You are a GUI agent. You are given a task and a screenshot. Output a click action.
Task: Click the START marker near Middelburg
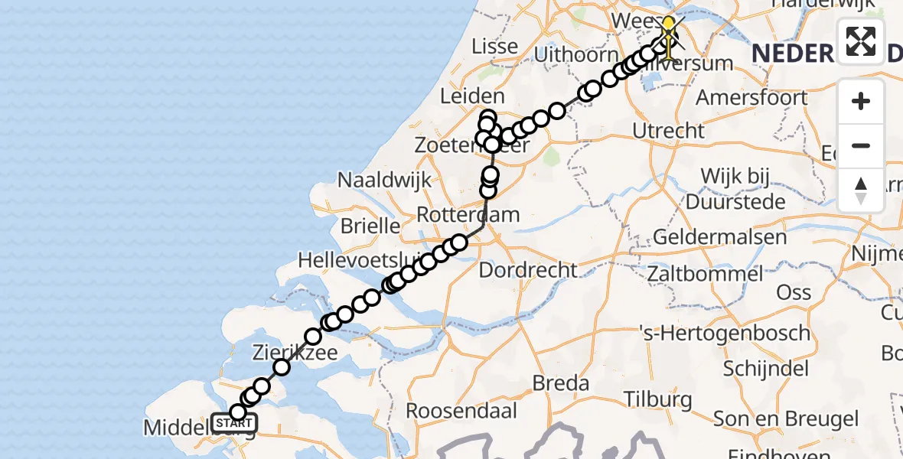coord(233,423)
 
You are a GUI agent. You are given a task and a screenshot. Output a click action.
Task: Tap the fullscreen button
coord(861,41)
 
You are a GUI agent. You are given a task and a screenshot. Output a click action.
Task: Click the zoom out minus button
coord(861,146)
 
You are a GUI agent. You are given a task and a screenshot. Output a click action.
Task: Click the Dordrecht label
coord(528,269)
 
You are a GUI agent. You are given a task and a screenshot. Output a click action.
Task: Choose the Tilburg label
coord(658,399)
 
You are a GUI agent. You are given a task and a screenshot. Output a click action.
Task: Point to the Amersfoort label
coord(751,98)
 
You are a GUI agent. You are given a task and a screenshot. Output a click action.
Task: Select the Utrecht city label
coord(669,130)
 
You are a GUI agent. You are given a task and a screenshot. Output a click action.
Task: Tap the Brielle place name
coord(370,226)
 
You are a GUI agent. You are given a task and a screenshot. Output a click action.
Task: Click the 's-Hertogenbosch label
coord(724,333)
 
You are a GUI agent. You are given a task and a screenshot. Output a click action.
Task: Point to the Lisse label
coord(495,46)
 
